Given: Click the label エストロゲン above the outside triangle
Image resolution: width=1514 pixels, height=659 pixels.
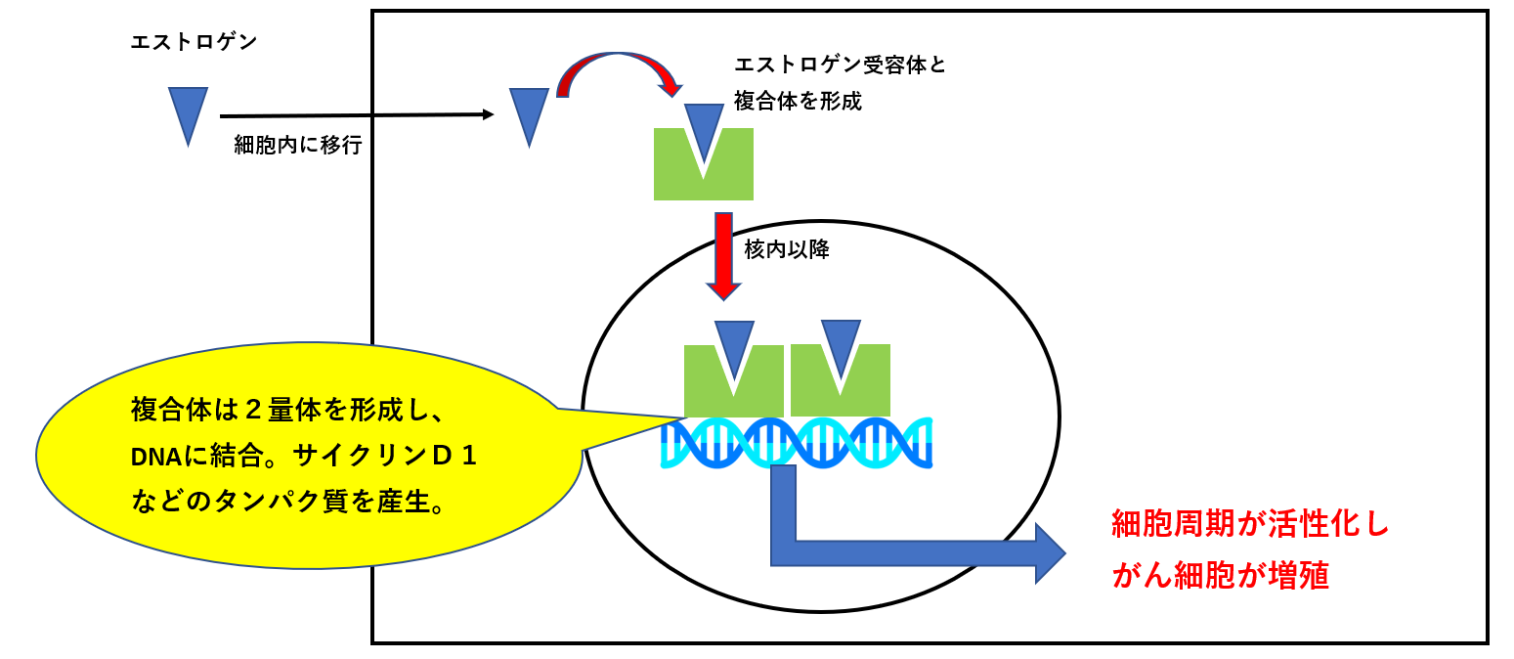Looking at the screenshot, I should pos(194,43).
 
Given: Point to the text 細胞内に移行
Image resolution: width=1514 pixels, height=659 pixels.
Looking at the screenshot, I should pos(298,146).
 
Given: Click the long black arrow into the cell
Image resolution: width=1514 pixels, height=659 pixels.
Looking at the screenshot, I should pos(357,115).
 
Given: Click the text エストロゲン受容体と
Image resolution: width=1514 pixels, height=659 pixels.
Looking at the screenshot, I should pos(840,66).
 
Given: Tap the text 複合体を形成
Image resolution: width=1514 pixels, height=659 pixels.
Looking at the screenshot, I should pos(798,101).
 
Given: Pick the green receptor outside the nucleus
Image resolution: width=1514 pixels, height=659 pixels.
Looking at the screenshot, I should pos(674,176).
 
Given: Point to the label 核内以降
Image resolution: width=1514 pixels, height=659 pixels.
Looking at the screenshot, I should pos(787,249).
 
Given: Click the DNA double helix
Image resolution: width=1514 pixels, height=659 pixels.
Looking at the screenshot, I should pos(797,442).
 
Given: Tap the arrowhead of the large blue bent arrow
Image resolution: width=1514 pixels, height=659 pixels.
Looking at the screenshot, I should pos(1048,552).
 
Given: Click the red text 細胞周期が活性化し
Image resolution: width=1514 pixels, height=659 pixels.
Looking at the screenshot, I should pos(1250,525).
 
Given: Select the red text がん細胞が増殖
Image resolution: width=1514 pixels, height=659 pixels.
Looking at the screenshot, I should pos(1220,576).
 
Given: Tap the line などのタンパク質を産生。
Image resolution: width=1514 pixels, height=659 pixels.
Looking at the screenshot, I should pos(288,504).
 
